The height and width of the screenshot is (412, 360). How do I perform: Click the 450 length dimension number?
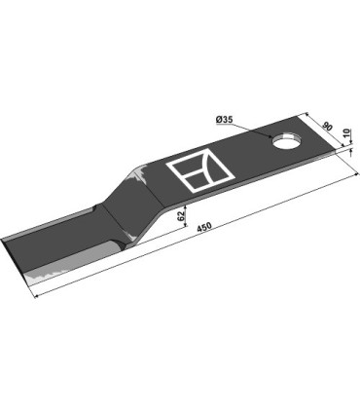pyautogui.click(x=204, y=231)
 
